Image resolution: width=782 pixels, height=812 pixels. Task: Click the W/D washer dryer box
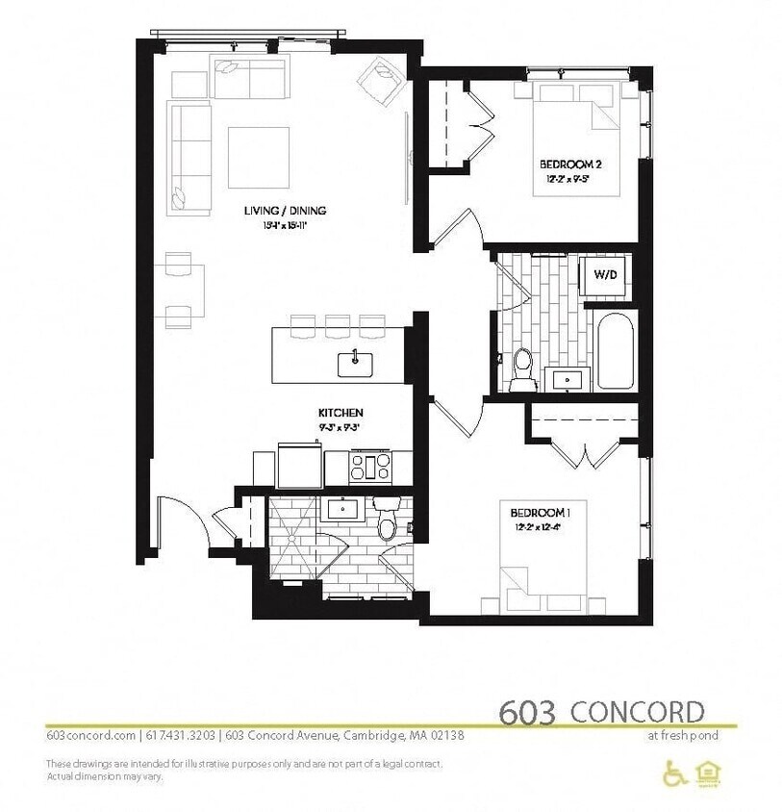point(604,274)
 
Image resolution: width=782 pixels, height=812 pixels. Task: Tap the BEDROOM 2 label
point(574,165)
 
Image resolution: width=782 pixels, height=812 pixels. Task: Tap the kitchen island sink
point(355,362)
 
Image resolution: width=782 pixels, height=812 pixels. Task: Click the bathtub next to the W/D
point(612,350)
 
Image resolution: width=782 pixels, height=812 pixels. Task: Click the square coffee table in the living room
point(258,157)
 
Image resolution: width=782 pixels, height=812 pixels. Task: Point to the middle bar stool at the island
point(337,325)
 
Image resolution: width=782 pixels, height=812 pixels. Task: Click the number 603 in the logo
point(527,712)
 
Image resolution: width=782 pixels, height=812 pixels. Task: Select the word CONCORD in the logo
point(637,712)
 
